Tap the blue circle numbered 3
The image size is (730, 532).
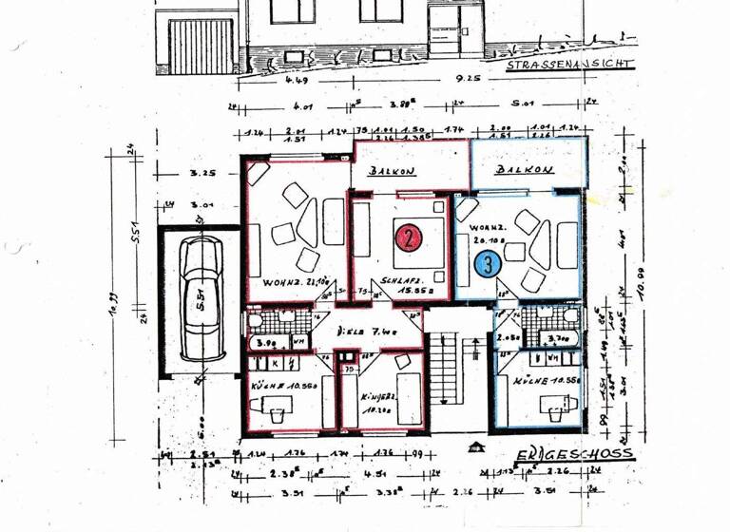pos(488,264)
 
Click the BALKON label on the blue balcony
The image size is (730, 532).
pos(525,170)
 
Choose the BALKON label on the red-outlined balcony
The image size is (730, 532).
pos(392,172)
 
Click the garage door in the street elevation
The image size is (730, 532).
pos(202,46)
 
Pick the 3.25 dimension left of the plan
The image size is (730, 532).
pos(201,174)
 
